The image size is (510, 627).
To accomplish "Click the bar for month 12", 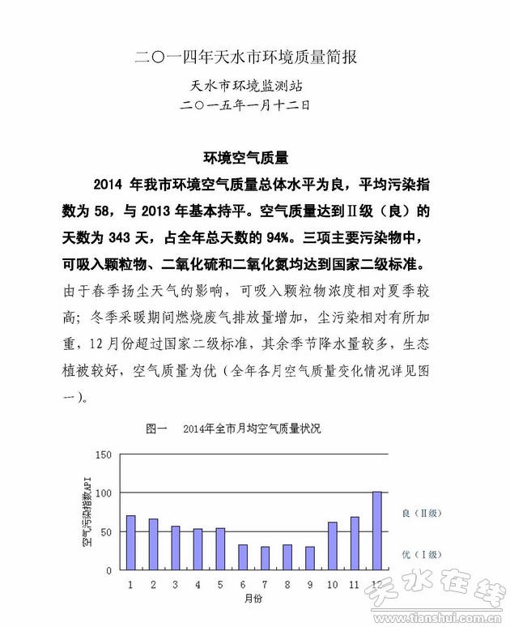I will pos(376,531).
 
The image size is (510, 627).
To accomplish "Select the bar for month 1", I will pos(130,543).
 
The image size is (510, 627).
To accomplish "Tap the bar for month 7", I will pos(265,558).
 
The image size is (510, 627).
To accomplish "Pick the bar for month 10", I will pos(332,546).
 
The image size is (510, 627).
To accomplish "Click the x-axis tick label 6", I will pos(242,583).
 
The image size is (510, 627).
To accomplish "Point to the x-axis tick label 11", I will pos(354,583).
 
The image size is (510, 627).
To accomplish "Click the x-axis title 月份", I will pos(253,598).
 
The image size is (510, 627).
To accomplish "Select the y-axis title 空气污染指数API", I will pos(86,511).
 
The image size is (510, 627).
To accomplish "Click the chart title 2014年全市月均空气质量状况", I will pos(251,429).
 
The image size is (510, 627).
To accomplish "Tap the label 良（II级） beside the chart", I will pos(424,513).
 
